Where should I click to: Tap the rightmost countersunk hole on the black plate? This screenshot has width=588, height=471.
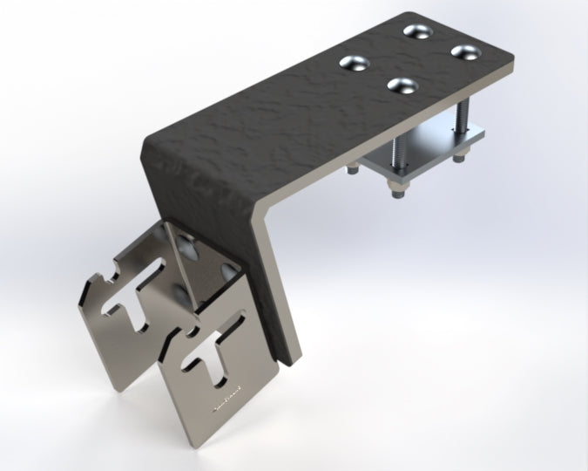(x=467, y=51)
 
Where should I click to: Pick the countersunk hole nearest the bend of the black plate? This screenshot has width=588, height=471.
(x=402, y=85)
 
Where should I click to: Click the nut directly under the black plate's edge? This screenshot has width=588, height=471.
(x=352, y=169)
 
